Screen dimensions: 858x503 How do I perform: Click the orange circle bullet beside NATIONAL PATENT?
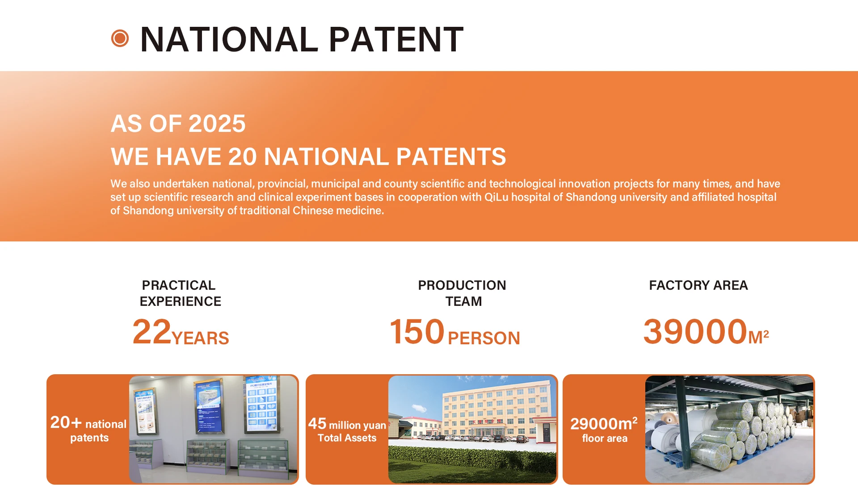(x=120, y=38)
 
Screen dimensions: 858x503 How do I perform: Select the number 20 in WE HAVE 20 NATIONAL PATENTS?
(x=243, y=156)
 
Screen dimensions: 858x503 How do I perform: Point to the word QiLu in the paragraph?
(x=496, y=197)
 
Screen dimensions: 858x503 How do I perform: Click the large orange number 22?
(x=152, y=332)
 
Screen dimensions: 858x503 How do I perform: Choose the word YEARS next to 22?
(x=200, y=338)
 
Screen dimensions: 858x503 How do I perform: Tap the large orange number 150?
(x=417, y=332)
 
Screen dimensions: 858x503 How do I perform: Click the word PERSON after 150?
(x=484, y=338)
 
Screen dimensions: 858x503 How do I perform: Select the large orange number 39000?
(x=695, y=332)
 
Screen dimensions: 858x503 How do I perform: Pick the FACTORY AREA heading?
(x=698, y=285)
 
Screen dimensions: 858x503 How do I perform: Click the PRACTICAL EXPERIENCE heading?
(x=180, y=293)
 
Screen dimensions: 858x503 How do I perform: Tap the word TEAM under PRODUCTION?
(x=463, y=301)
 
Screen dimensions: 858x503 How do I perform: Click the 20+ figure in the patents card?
(x=66, y=423)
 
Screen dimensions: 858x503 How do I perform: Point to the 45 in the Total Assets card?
(x=317, y=423)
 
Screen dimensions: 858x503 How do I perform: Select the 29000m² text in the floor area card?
(x=604, y=423)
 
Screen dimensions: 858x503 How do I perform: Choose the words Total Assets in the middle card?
(x=347, y=438)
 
